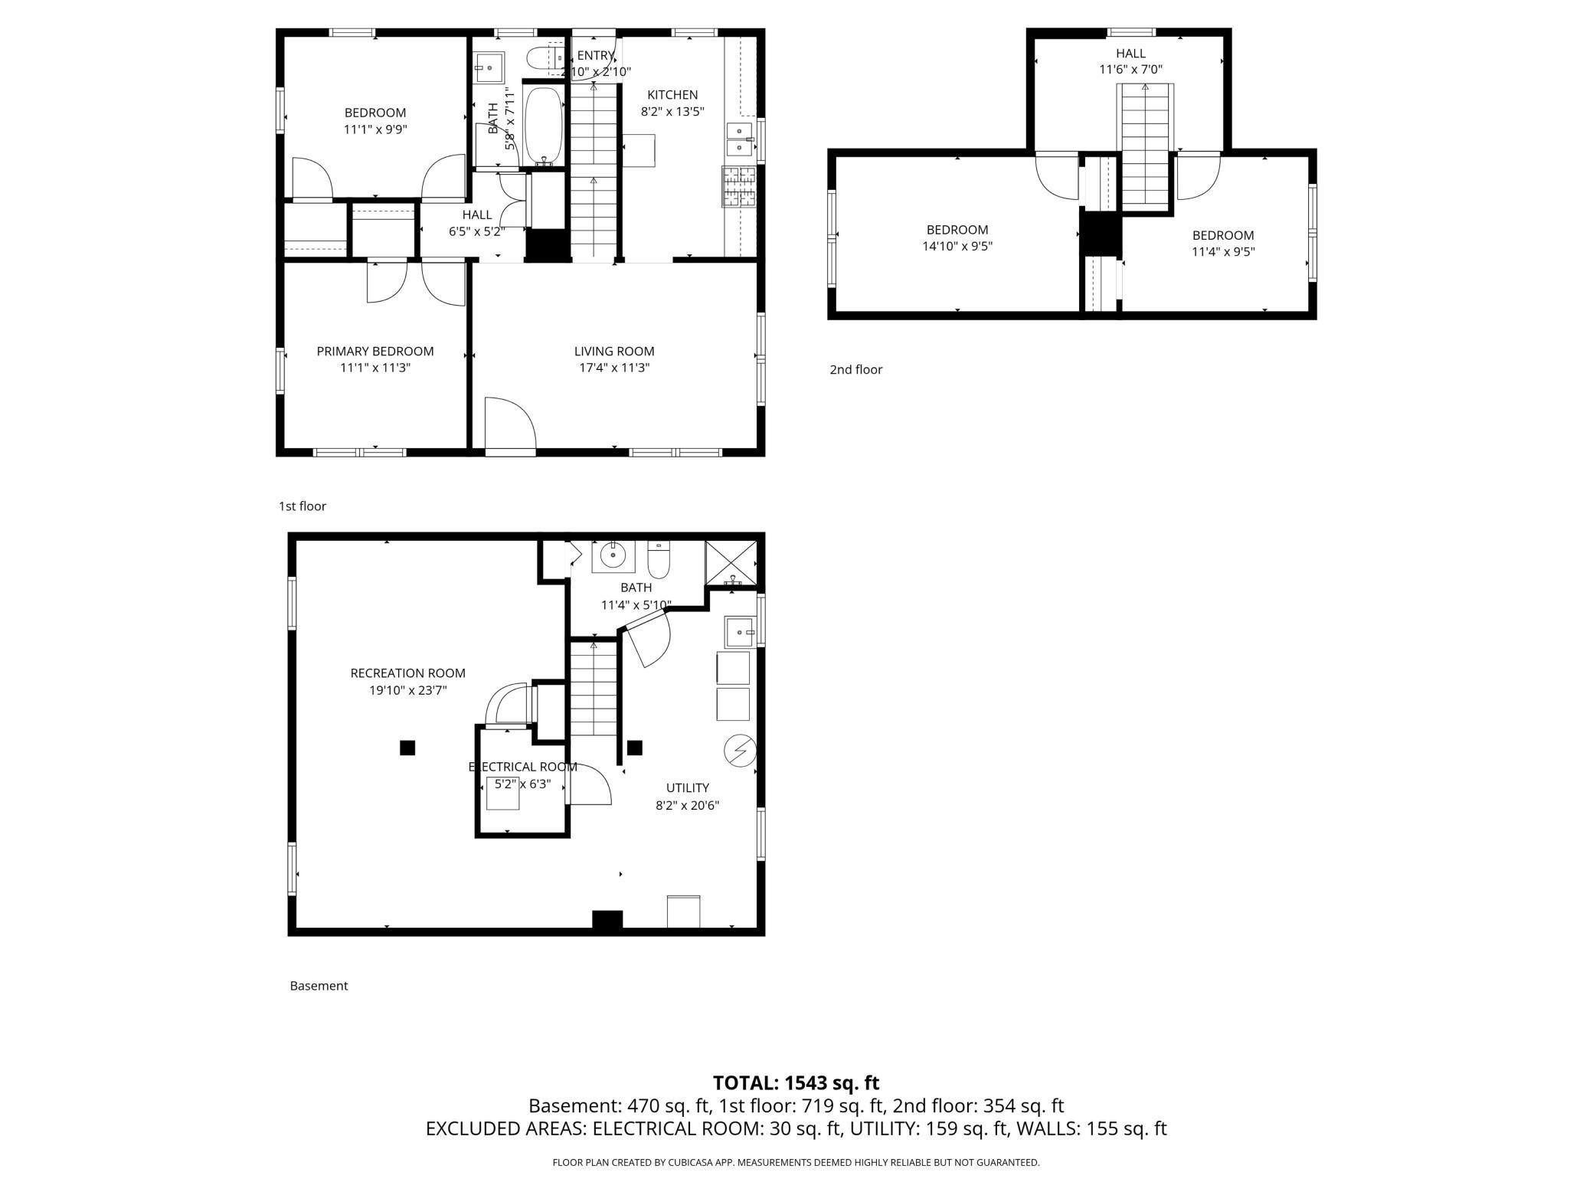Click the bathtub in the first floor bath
[543, 126]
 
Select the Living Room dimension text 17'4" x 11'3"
[614, 368]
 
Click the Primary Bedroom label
[375, 351]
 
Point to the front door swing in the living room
[509, 425]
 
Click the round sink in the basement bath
[613, 553]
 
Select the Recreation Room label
[407, 673]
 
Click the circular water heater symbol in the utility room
[741, 751]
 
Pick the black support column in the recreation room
[407, 748]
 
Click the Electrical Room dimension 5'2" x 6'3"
[522, 784]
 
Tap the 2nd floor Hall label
[1130, 53]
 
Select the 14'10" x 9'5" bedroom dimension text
[957, 247]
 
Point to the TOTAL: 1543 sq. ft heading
[796, 1083]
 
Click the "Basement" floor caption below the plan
[319, 986]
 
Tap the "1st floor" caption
[303, 506]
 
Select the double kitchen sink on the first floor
[739, 139]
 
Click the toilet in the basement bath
[659, 561]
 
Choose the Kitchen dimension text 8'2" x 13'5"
[672, 111]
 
